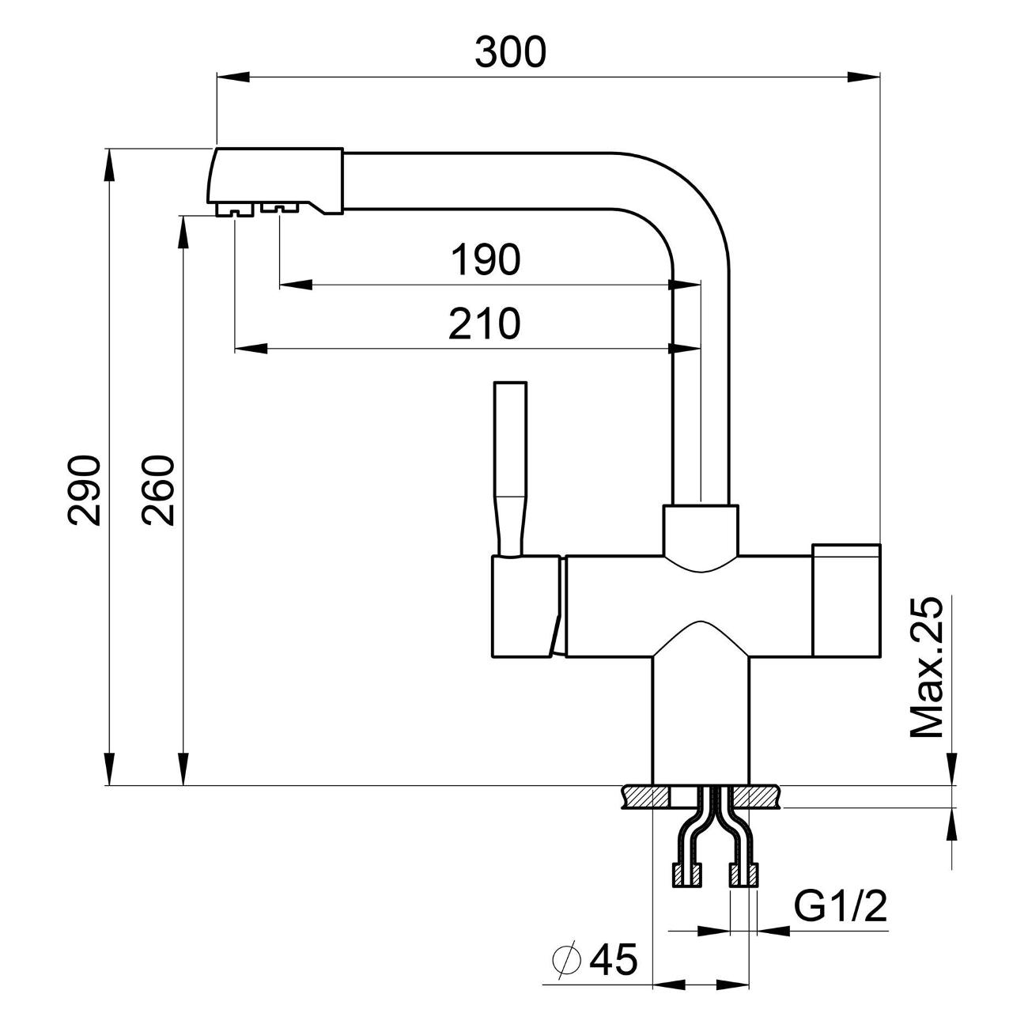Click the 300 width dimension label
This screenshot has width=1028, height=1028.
pos(510,51)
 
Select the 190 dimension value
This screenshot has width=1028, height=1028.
pos(485,259)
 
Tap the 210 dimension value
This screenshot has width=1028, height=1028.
pos(485,323)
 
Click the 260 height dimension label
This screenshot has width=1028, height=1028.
pos(158,489)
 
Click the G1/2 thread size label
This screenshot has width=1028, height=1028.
pos(841,908)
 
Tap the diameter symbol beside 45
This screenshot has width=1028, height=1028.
pos(567,960)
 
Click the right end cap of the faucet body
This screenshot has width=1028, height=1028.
pos(846,601)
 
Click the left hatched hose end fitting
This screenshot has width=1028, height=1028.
pos(686,875)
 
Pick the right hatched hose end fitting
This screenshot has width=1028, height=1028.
pos(743,875)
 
